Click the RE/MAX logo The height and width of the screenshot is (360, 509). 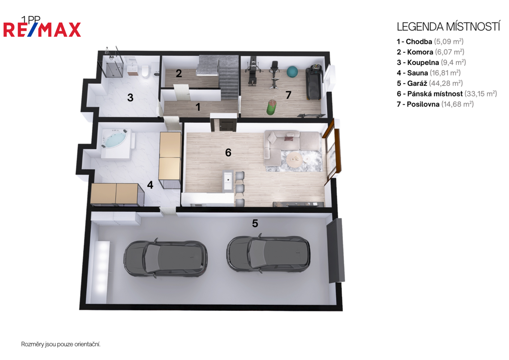[x=42, y=29]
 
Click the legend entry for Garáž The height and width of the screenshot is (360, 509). [x=430, y=83]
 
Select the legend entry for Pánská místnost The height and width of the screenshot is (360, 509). [x=447, y=94]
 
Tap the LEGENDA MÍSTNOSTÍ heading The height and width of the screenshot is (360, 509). [x=448, y=27]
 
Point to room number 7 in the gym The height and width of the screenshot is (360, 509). [x=288, y=95]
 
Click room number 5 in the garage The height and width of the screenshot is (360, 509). [x=255, y=223]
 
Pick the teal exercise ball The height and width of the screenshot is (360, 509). [x=292, y=72]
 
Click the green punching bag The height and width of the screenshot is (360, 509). [x=271, y=107]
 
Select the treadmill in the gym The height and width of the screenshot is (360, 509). [x=314, y=82]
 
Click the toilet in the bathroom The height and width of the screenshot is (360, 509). [x=145, y=71]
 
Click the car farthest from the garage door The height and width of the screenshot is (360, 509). [x=165, y=258]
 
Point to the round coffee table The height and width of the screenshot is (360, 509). [x=294, y=160]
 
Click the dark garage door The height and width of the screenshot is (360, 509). [x=336, y=250]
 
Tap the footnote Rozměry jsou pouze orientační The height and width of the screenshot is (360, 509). [x=61, y=344]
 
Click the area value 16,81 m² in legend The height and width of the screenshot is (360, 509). [x=445, y=73]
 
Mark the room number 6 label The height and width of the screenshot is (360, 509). [x=228, y=153]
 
